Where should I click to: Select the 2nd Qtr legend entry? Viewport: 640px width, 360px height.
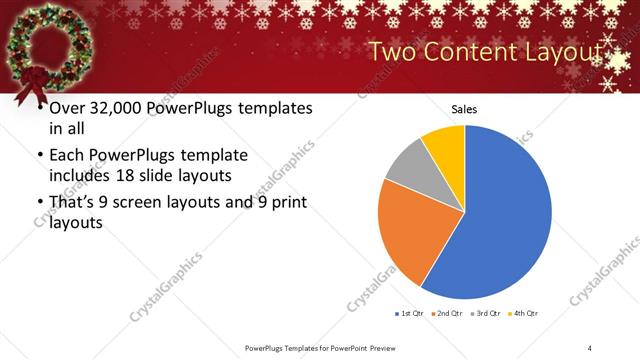click(x=446, y=314)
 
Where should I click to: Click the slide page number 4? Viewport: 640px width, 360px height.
click(x=590, y=347)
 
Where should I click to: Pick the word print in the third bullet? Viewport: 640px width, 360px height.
click(x=287, y=203)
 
